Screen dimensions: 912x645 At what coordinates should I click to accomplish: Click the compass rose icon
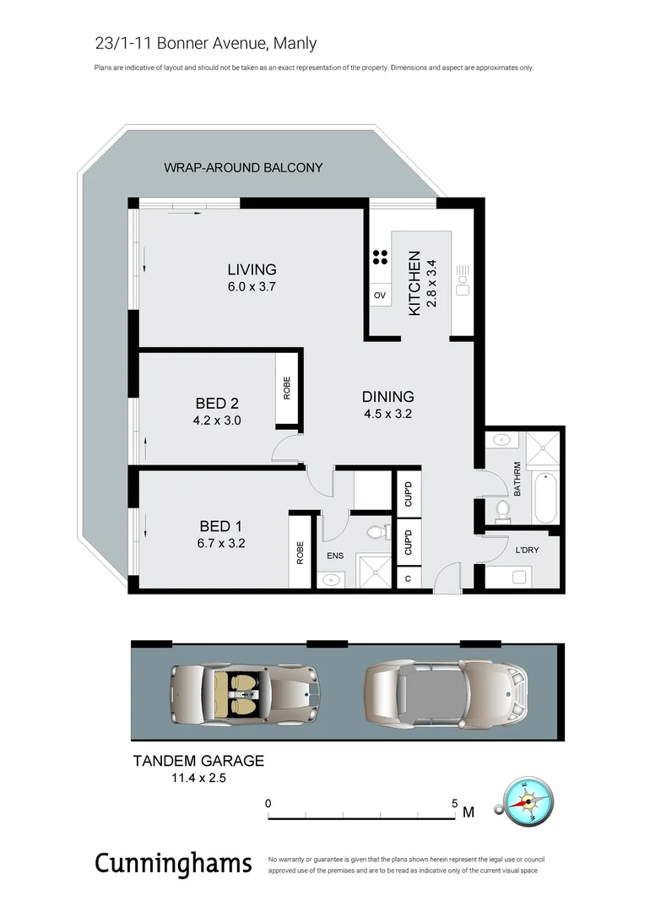pos(528,802)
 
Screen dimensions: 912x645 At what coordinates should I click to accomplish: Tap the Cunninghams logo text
pos(173,863)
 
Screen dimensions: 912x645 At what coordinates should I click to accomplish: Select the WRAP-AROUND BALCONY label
pos(243,167)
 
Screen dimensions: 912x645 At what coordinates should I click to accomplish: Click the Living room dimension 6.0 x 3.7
pos(252,286)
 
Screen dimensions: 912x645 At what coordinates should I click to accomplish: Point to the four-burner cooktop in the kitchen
pos(379,258)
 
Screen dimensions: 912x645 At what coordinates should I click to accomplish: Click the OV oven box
pos(379,296)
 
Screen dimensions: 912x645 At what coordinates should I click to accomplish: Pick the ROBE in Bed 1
pos(299,552)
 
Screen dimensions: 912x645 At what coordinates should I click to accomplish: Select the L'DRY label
pos(527,551)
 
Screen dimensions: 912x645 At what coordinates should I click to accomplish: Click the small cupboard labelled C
pos(408,579)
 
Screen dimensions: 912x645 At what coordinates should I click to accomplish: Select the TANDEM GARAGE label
pos(198,760)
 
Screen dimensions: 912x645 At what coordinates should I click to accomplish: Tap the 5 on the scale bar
pos(455,804)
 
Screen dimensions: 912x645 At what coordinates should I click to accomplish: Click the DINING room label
pos(388,396)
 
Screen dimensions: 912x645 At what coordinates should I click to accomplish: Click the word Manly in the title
pos(294,43)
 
